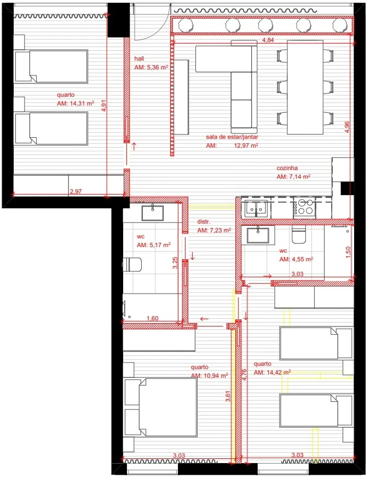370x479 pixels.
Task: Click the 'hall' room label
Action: [139, 59]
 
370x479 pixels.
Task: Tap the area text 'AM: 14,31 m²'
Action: [75, 103]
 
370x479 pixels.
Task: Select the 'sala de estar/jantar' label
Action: [232, 137]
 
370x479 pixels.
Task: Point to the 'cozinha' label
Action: [287, 168]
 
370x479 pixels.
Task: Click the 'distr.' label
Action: [204, 222]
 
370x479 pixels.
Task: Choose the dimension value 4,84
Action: [268, 40]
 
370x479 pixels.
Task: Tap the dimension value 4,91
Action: [104, 106]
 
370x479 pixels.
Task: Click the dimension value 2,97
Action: [76, 191]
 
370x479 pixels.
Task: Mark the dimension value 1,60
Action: [153, 318]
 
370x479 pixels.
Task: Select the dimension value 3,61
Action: [228, 396]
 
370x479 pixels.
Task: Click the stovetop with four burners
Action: [304, 207]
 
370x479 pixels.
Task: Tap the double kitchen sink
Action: [256, 208]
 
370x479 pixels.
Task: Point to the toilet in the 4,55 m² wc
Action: [298, 234]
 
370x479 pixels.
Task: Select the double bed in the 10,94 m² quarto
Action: [160, 407]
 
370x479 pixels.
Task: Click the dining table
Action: [305, 87]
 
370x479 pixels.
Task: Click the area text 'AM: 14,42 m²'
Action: [272, 372]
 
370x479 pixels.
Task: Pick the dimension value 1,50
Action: [348, 252]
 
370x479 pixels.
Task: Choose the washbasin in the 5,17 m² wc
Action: [153, 213]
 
